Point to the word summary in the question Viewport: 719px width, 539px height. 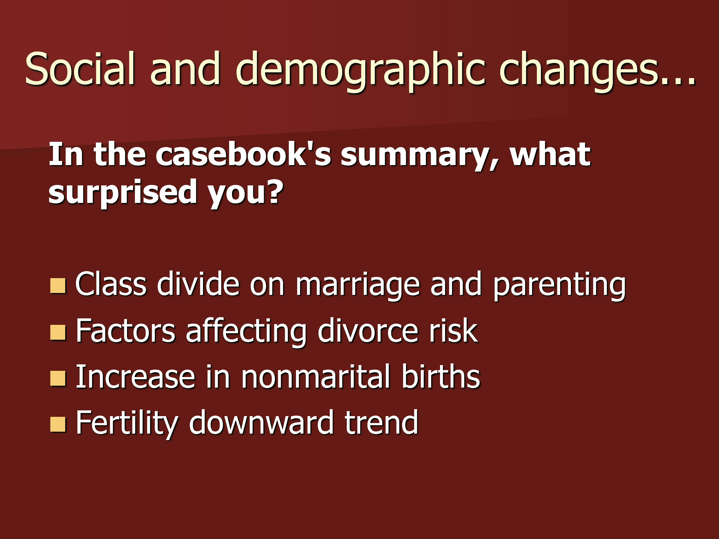tap(420, 158)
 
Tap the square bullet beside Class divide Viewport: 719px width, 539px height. tap(58, 285)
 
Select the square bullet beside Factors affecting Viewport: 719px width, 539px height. tap(58, 332)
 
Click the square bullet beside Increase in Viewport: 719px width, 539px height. tap(58, 378)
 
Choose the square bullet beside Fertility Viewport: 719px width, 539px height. tap(58, 424)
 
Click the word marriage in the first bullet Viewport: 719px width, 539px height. tap(358, 286)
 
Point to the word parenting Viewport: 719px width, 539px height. tap(559, 286)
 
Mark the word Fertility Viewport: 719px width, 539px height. tap(127, 424)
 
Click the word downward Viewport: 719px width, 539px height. tap(261, 422)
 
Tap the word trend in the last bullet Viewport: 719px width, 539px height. tap(381, 422)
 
